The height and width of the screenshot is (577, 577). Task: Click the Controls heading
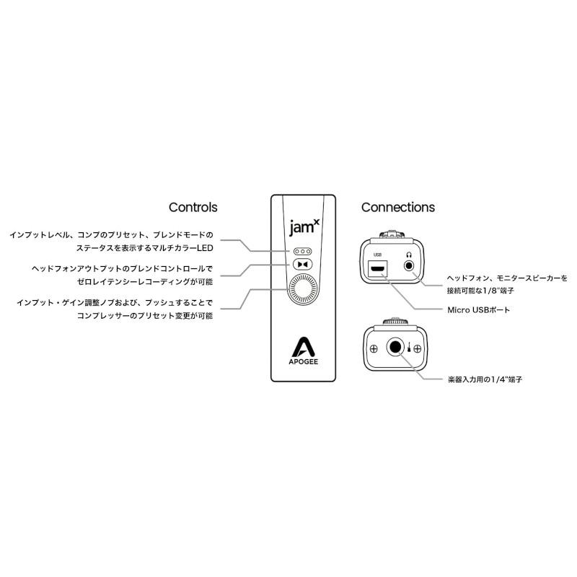point(193,207)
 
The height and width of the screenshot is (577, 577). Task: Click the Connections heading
point(398,207)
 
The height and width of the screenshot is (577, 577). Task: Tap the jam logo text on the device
point(304,227)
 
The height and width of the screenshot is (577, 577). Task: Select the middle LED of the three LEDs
point(302,251)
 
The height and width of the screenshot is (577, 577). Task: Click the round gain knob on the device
point(303,290)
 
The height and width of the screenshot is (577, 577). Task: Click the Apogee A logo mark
point(303,347)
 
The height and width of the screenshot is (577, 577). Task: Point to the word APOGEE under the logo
point(303,362)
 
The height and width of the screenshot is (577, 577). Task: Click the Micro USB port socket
point(377,268)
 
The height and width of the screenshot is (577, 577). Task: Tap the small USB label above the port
point(377,255)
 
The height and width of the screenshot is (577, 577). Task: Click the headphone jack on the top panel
point(409,265)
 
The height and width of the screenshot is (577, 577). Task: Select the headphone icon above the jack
point(409,255)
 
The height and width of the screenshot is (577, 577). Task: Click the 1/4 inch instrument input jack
point(395,348)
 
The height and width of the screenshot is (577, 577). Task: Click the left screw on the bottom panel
point(374,349)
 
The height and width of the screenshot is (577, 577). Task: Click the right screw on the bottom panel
point(418,349)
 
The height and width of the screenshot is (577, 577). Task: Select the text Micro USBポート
point(478,310)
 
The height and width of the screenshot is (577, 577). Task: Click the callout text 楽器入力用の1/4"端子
point(485,379)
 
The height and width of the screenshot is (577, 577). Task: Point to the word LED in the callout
point(205,248)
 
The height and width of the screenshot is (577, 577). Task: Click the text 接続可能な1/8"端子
point(480,291)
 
